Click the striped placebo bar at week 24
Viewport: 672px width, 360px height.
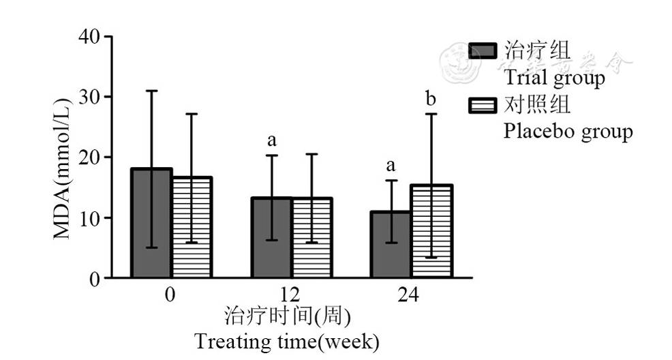point(432,231)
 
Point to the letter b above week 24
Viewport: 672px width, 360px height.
point(431,99)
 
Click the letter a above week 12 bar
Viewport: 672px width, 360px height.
point(272,141)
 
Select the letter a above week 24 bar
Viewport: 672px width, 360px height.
point(391,166)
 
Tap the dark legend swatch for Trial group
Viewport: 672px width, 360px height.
point(483,50)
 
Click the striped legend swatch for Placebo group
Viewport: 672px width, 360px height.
point(483,105)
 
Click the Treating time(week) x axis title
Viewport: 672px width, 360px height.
point(286,340)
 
